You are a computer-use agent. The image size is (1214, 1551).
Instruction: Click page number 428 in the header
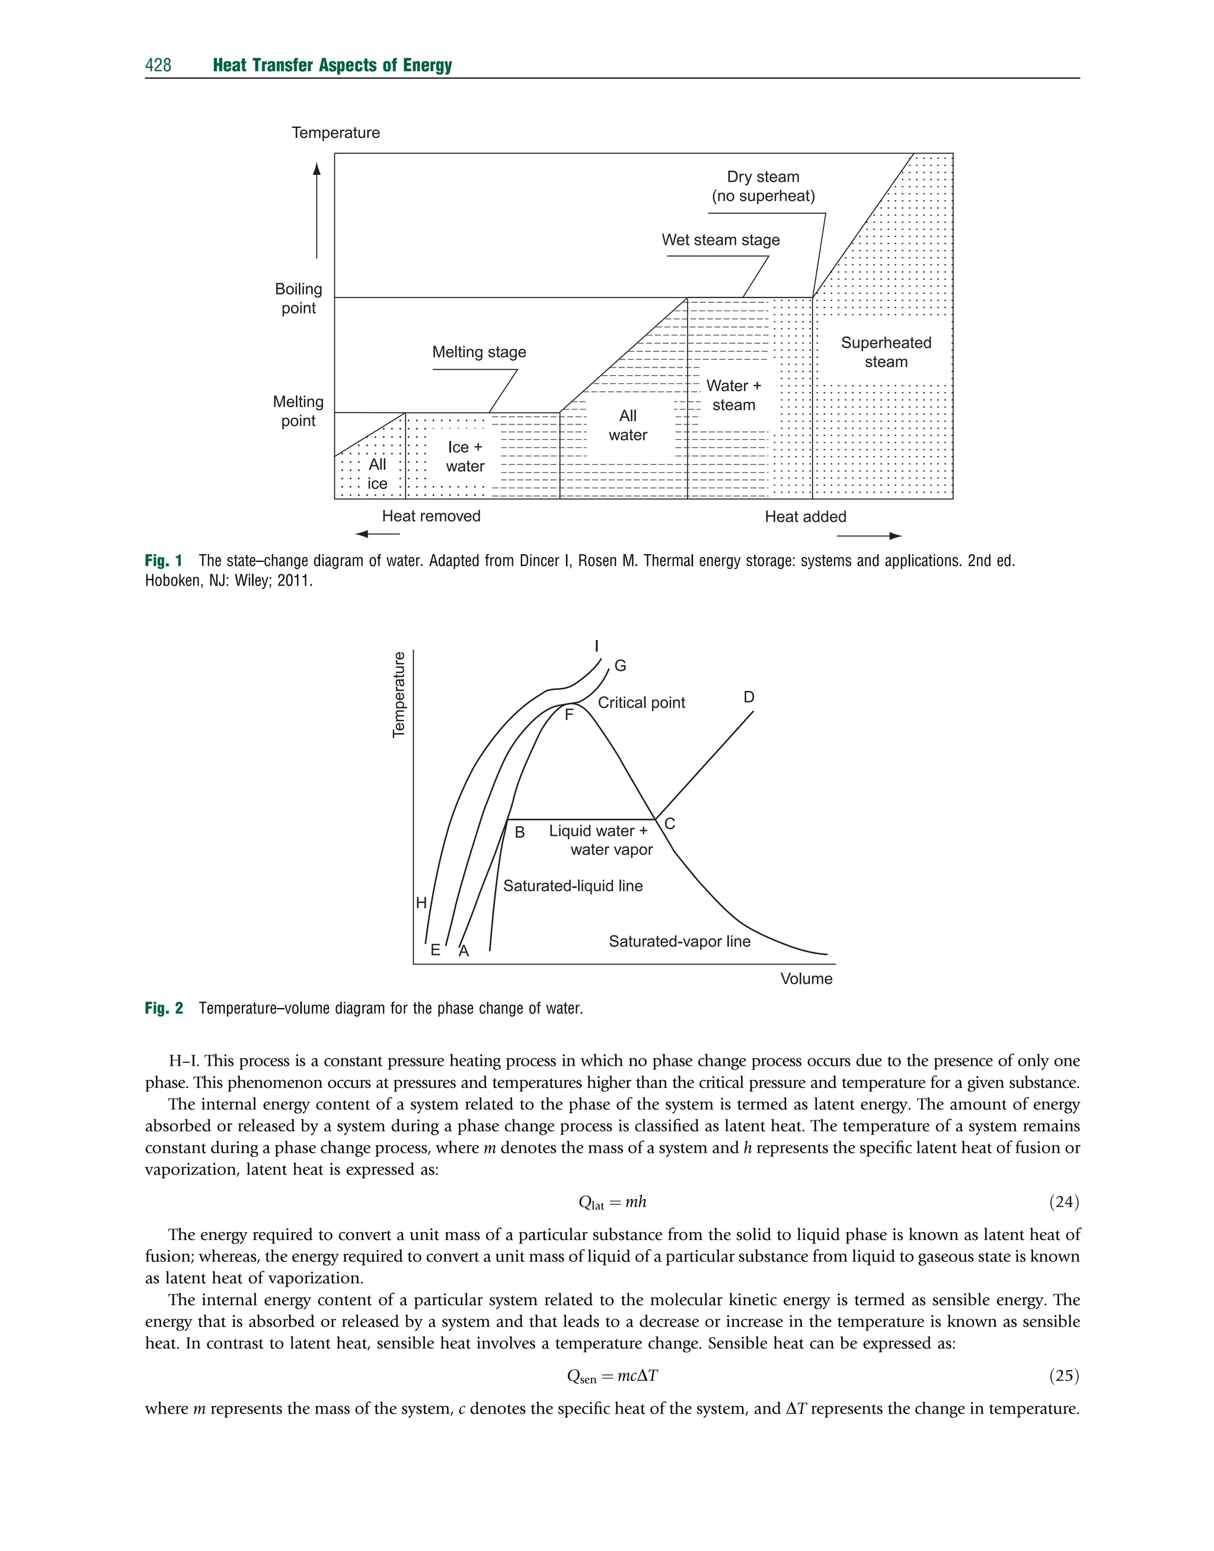(x=158, y=65)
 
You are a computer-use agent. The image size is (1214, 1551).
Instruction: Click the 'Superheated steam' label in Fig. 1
(x=886, y=353)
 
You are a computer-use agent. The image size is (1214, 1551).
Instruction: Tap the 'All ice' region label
(x=378, y=474)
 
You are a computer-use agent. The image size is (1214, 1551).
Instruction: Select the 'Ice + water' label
(x=465, y=457)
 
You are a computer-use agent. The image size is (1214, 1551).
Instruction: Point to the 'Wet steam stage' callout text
(x=720, y=240)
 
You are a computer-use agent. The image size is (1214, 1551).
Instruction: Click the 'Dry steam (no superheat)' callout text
(x=763, y=186)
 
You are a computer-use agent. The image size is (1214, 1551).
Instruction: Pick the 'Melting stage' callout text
(x=479, y=353)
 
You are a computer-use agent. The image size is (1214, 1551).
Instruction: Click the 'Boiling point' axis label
(x=299, y=298)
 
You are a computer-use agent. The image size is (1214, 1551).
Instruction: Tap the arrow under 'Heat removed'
(x=378, y=535)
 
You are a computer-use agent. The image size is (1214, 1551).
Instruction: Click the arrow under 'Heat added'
(x=868, y=536)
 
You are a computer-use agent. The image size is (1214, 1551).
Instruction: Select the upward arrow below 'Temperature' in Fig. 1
(x=317, y=210)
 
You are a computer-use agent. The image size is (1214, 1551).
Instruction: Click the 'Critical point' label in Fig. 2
(x=641, y=703)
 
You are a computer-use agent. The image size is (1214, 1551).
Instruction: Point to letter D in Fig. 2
(x=749, y=697)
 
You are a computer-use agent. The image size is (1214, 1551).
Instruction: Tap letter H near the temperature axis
(x=421, y=903)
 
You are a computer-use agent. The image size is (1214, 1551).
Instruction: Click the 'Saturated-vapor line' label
(x=679, y=941)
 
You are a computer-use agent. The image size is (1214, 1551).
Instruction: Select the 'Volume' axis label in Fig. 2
(x=806, y=978)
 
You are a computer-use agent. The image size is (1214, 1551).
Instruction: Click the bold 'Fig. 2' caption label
(x=164, y=1008)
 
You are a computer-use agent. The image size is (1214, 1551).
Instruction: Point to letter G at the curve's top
(x=620, y=666)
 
